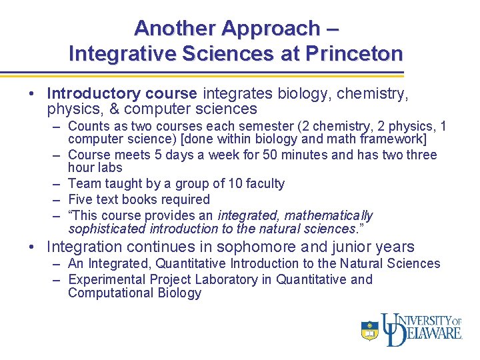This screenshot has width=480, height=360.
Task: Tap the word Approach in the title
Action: pyautogui.click(x=271, y=28)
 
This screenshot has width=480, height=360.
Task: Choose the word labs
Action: pyautogui.click(x=109, y=167)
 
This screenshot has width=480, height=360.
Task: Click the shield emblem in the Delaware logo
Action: pyautogui.click(x=369, y=330)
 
